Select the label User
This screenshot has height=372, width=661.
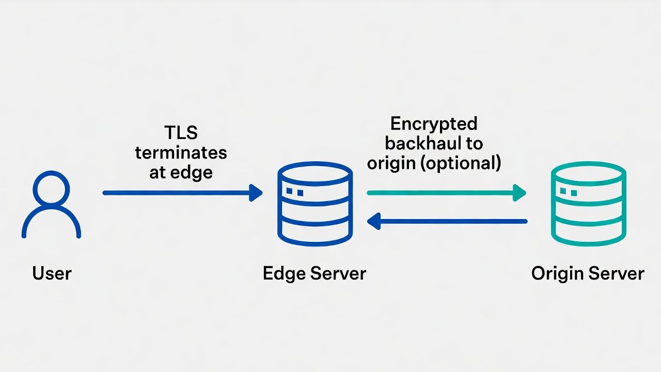pos(52,273)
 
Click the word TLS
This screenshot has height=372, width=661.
pos(181,133)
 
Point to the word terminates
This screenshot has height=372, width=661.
pos(181,153)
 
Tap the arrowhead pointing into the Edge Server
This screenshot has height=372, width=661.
pos(256,193)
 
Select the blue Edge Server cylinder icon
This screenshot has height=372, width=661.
pos(314,204)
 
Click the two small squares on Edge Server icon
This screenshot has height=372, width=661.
pos(294,192)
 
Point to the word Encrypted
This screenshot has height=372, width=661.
pos(434,124)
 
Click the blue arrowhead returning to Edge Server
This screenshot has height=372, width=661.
pos(374,222)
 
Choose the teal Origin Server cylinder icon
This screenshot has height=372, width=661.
pos(588,204)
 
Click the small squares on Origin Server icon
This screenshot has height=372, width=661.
pos(568,192)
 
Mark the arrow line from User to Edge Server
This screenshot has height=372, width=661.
pos(176,193)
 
